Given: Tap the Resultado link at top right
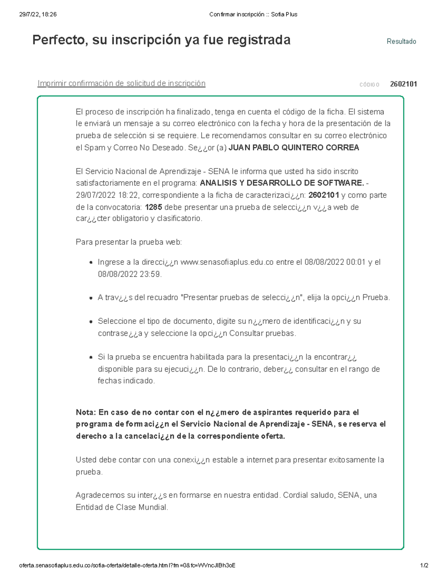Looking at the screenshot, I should coord(401,41).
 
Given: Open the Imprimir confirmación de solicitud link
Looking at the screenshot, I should coord(121,83).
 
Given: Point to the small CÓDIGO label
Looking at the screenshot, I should coord(369,85).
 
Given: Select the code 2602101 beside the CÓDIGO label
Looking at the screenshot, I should coord(403,84).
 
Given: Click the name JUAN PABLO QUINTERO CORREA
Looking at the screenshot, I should coord(293,148).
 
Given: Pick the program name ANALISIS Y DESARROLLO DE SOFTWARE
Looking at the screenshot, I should coord(282,183).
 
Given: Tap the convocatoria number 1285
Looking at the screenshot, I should coord(153,207).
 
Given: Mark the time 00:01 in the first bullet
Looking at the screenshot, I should coord(355,262).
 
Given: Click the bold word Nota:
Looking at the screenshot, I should coord(86,412).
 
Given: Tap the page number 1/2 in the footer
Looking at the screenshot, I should coord(424,565).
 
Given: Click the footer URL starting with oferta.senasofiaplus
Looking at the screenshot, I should coord(127,565).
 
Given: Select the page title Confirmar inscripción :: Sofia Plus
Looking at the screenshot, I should coord(253,15).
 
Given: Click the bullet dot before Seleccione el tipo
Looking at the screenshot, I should coord(91,322).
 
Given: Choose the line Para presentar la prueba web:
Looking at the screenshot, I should coord(129,242).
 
